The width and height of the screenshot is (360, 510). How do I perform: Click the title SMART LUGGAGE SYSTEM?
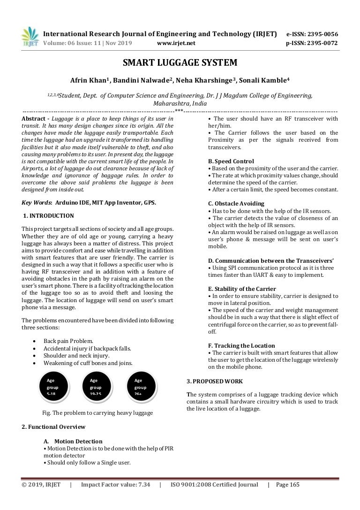tap(180, 62)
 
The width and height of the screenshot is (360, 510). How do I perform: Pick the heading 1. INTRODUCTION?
tap(48, 216)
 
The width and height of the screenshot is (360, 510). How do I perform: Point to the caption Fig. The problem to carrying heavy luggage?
tap(97, 412)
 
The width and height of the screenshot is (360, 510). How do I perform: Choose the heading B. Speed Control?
tap(231, 161)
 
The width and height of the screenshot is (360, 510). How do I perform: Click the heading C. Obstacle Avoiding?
tap(236, 204)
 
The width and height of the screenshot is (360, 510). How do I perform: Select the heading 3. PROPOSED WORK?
tap(215, 381)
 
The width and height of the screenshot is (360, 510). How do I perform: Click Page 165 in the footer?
tap(288, 485)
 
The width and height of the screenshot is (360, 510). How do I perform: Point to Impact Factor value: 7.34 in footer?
tap(115, 485)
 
